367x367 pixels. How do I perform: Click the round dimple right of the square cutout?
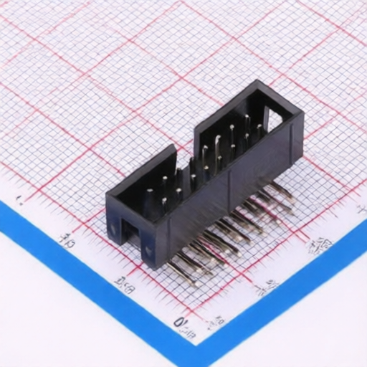click(148, 251)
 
